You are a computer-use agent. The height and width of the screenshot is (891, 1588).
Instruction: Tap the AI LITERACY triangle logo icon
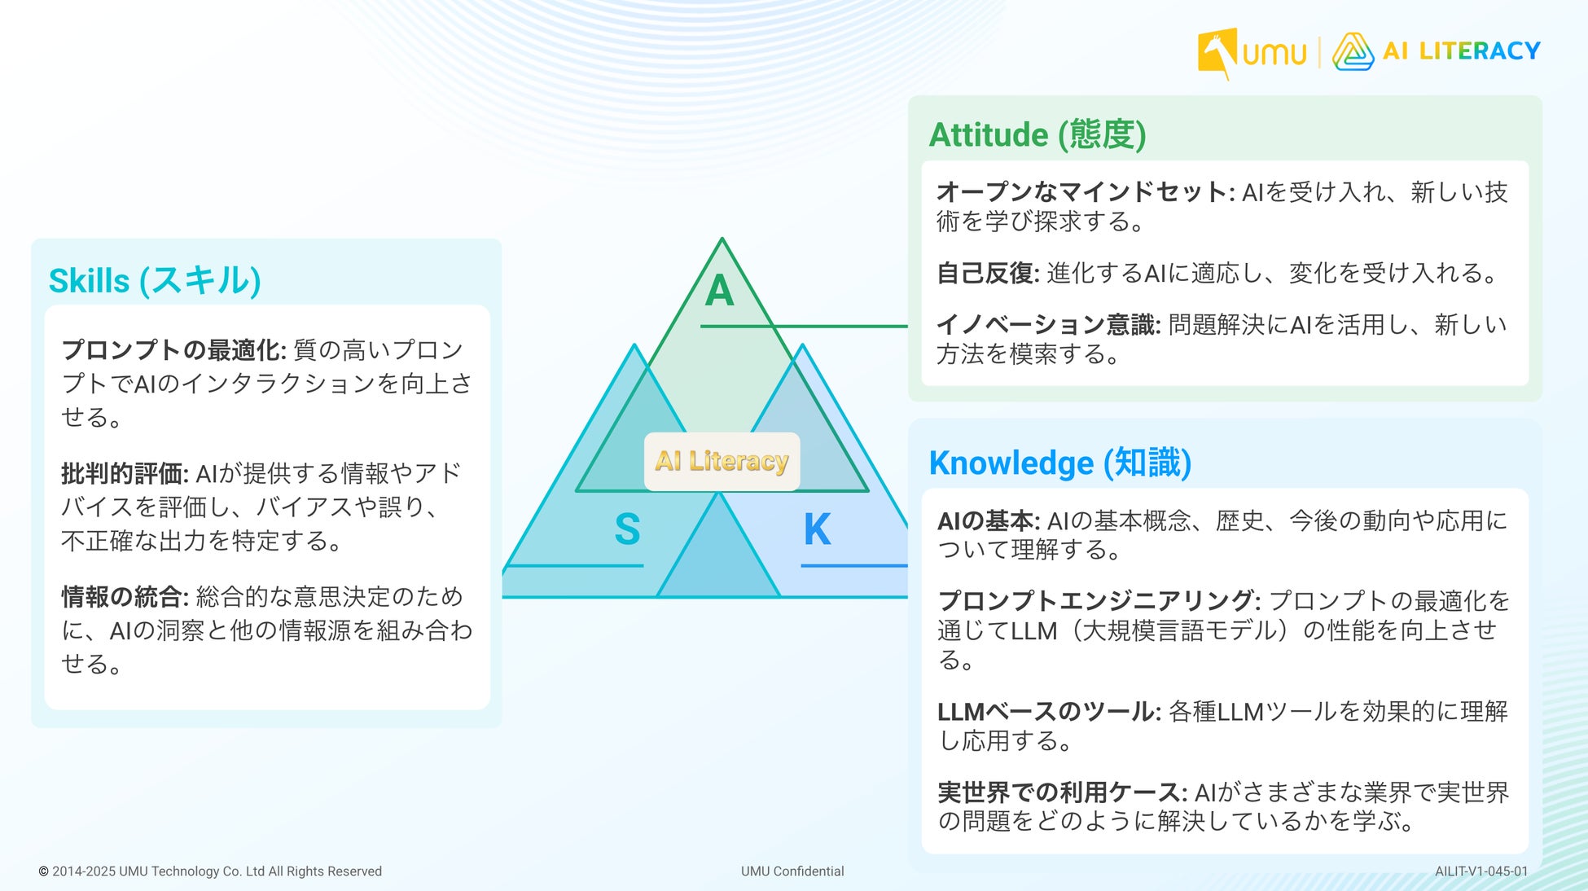(1353, 51)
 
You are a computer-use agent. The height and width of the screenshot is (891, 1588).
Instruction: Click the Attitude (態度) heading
(1037, 134)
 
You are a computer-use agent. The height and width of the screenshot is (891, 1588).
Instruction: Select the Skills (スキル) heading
(155, 280)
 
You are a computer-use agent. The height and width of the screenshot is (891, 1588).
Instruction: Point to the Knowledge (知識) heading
(1060, 463)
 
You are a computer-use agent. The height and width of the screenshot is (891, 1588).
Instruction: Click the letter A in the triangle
(719, 291)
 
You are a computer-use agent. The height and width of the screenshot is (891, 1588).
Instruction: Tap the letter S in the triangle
(627, 529)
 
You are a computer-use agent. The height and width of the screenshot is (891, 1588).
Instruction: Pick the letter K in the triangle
(817, 529)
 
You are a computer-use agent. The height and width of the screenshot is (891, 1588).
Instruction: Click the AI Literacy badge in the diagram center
(722, 461)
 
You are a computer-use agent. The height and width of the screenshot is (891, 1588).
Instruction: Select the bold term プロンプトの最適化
(173, 349)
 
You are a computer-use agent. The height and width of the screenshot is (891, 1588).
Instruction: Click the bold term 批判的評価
(125, 473)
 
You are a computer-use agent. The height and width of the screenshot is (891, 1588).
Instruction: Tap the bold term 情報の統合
(125, 597)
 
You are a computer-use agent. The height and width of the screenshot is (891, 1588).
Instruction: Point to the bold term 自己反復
(988, 273)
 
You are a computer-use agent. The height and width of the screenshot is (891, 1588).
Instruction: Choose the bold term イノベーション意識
(1048, 325)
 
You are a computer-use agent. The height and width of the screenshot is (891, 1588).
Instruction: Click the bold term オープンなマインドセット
(1086, 192)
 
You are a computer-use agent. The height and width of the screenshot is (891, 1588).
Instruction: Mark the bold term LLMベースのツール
(1049, 712)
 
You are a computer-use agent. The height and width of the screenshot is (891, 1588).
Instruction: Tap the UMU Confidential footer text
(792, 871)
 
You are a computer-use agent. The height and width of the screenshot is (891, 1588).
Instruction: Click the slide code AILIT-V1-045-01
(1481, 871)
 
